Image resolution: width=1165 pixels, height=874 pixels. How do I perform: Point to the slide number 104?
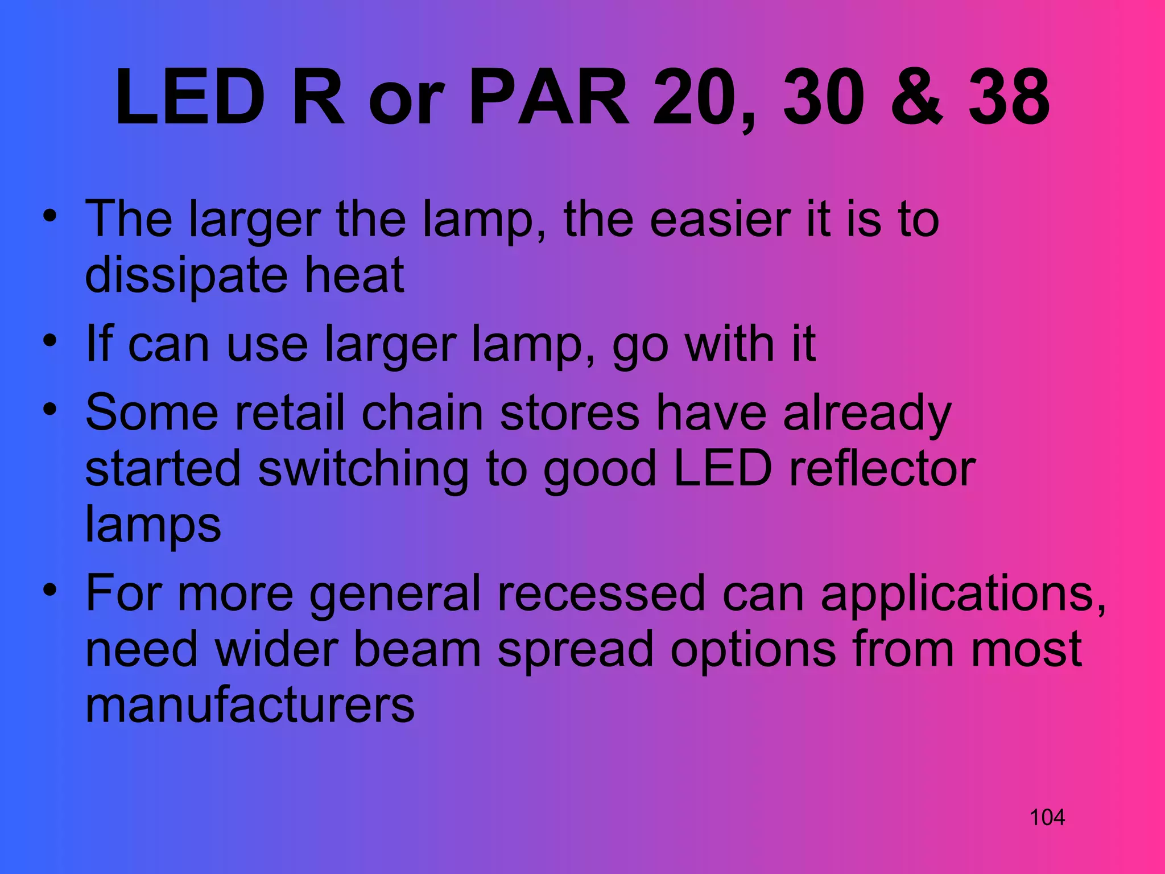(x=1047, y=818)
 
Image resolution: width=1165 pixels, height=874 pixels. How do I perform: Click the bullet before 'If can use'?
(x=50, y=341)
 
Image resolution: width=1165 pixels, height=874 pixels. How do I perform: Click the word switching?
(x=363, y=470)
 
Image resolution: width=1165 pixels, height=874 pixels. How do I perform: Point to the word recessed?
(x=601, y=593)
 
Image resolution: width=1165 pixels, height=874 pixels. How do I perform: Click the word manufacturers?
(x=250, y=706)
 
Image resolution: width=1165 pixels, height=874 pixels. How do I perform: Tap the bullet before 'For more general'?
(x=50, y=590)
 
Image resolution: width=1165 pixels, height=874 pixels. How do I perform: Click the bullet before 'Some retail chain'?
(x=50, y=409)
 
